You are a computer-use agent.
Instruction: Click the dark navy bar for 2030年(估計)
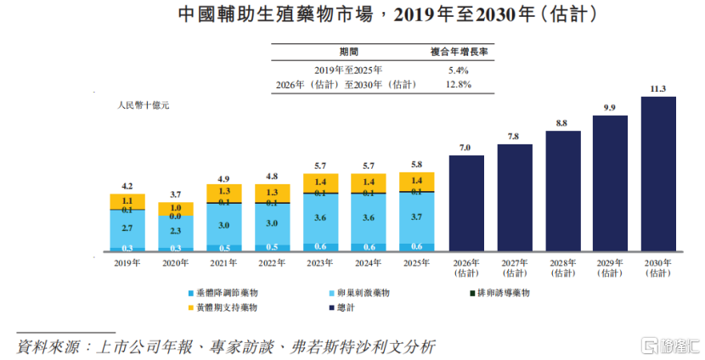tap(658, 173)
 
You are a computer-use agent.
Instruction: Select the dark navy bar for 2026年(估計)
tap(466, 203)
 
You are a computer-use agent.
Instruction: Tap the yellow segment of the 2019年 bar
tap(127, 201)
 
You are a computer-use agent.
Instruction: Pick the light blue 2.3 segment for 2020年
tap(175, 232)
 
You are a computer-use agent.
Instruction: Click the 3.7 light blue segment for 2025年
tap(417, 218)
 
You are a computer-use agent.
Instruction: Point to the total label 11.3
tap(657, 89)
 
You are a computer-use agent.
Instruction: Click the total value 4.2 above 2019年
tap(127, 186)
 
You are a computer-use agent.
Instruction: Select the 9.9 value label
tap(610, 108)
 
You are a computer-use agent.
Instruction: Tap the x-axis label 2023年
tap(319, 263)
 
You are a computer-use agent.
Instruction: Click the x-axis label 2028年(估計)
tap(562, 267)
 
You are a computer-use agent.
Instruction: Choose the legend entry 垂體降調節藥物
tap(223, 293)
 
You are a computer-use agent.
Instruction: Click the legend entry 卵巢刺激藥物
tap(359, 293)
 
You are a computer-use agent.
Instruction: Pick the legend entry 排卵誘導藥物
tap(499, 293)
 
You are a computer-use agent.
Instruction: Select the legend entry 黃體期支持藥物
tap(223, 308)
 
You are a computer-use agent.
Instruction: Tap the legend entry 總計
tap(341, 308)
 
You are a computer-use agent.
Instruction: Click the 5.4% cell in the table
tap(458, 70)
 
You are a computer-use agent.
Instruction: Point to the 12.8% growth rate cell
tap(458, 85)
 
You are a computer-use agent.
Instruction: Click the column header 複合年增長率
tap(459, 52)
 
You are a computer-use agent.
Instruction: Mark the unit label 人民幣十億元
tap(144, 105)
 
